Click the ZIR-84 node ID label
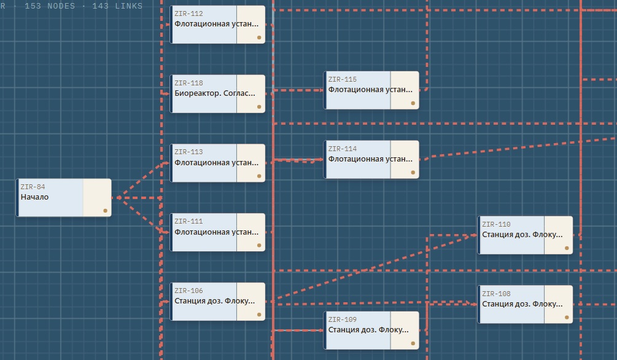click(x=33, y=187)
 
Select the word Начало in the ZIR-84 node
click(x=34, y=197)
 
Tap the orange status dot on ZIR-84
click(x=105, y=211)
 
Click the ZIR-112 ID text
click(x=188, y=14)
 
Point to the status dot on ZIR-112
click(x=259, y=37)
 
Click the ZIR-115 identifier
click(x=343, y=79)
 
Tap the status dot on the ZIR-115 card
click(x=413, y=103)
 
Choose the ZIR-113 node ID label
click(x=188, y=152)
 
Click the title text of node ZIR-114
click(x=370, y=159)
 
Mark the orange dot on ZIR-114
click(x=413, y=173)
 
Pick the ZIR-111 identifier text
click(x=188, y=221)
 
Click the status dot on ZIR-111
click(x=259, y=245)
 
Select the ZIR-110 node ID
click(x=496, y=224)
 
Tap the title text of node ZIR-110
click(x=522, y=235)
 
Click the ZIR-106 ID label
click(x=188, y=291)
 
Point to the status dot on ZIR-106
click(x=259, y=315)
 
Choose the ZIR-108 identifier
click(x=496, y=294)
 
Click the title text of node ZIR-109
click(x=368, y=330)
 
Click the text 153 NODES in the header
click(x=50, y=6)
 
